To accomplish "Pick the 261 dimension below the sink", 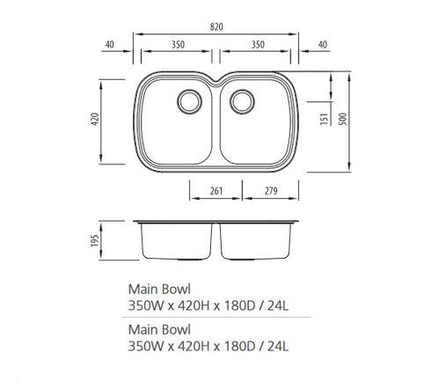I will pyautogui.click(x=216, y=190).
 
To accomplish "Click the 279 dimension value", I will pyautogui.click(x=268, y=190).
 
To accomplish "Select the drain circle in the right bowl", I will pyautogui.click(x=241, y=100).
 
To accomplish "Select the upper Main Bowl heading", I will pyautogui.click(x=158, y=288).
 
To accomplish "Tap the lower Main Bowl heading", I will pyautogui.click(x=158, y=332).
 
